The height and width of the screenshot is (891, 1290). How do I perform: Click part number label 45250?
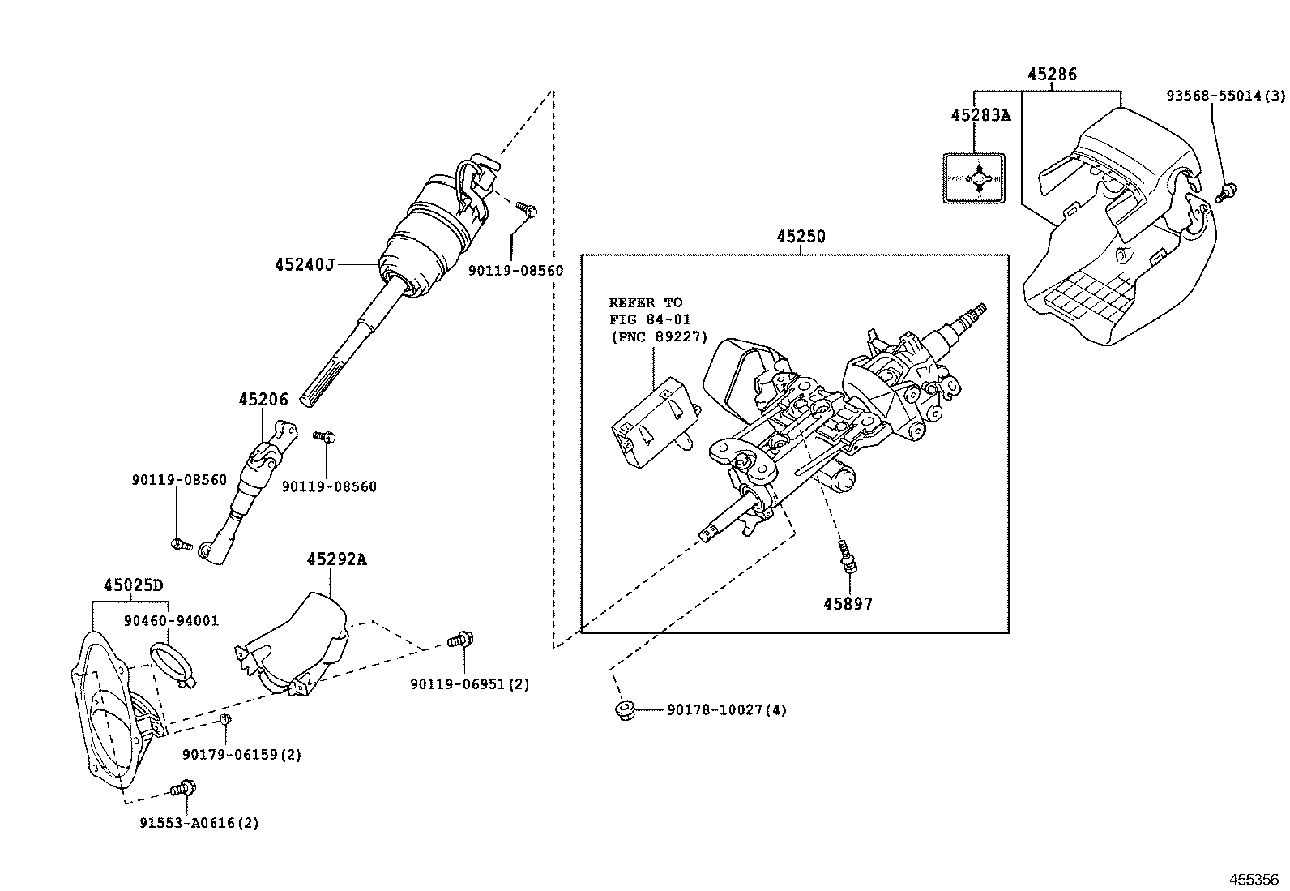coord(801,237)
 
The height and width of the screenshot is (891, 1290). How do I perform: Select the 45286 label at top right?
coord(1052,75)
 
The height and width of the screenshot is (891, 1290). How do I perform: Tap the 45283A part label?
coord(980,115)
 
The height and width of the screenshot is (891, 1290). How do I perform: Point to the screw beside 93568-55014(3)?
coord(1228,192)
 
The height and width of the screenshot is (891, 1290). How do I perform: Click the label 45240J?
coord(304,264)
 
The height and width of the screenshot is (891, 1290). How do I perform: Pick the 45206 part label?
coord(263,400)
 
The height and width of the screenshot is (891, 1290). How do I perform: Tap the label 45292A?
coord(336,559)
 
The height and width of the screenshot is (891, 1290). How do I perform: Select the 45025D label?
coord(133,585)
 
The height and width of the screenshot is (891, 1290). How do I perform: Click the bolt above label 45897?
coord(847,557)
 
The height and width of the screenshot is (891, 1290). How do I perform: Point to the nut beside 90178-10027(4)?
coord(624,711)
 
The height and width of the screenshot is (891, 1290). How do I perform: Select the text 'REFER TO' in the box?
coord(645,303)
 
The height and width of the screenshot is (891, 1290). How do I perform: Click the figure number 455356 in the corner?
coord(1254,879)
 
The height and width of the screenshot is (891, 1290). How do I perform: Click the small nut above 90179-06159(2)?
coord(226,719)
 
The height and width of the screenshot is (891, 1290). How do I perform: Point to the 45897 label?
coord(848,604)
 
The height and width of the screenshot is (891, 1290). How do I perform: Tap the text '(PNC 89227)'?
coord(658,337)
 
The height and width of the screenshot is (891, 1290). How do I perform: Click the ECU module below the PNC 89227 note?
coord(652,422)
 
